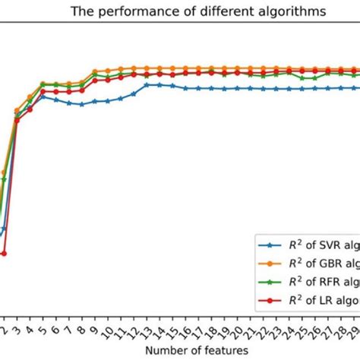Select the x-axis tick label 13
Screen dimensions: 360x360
pyautogui.click(x=147, y=331)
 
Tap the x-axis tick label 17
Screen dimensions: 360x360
pyautogui.click(x=199, y=331)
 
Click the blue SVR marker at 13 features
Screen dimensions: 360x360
pyautogui.click(x=147, y=85)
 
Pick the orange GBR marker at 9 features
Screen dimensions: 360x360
pyautogui.click(x=94, y=71)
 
